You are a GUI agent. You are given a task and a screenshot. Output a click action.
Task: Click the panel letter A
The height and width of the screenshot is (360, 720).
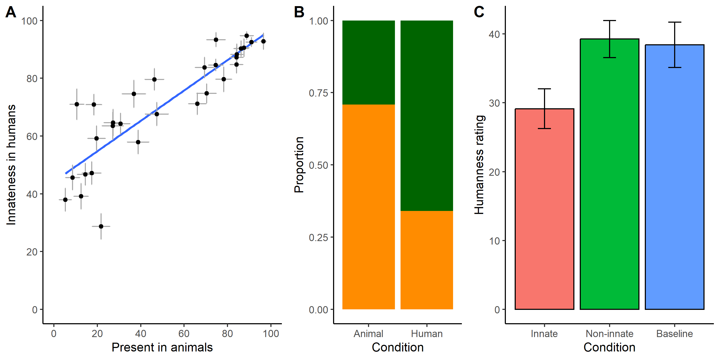[x=11, y=12]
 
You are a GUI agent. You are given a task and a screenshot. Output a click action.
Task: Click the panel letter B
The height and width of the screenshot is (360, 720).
[x=299, y=12]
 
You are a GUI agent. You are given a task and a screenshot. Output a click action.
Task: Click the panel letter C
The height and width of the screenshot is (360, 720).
[x=479, y=12]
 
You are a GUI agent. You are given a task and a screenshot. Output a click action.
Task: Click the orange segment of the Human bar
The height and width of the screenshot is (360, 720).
[x=426, y=260]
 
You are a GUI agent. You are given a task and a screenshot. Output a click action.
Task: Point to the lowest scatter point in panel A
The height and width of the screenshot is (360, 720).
[x=101, y=226]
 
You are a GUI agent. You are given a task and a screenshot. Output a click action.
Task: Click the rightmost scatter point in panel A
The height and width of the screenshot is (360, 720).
[x=263, y=41]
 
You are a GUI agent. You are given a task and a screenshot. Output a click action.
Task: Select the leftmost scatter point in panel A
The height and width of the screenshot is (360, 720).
[x=65, y=199]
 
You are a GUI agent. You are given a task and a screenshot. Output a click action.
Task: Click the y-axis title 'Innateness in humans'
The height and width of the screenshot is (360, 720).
[x=11, y=165]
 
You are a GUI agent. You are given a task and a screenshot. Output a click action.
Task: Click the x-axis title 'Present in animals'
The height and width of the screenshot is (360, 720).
[x=162, y=347]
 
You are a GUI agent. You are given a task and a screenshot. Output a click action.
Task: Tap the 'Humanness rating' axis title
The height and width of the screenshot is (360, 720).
[x=479, y=165]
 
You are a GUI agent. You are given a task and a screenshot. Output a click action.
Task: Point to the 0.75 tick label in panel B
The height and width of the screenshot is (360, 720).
[x=318, y=93]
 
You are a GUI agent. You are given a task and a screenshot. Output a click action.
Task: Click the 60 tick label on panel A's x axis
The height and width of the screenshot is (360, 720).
[x=184, y=333]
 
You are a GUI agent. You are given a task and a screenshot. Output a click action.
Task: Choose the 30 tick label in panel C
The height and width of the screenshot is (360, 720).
[x=494, y=103]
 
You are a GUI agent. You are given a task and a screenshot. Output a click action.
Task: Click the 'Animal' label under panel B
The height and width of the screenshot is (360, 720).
[x=368, y=334]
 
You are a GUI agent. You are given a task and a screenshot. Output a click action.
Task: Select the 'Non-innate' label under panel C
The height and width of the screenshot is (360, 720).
[x=609, y=334]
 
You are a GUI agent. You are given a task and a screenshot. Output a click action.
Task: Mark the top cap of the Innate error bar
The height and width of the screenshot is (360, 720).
[x=544, y=89]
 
